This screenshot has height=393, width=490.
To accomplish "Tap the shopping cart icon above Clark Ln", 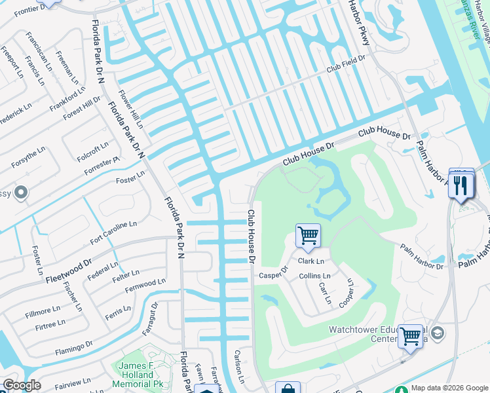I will point(308,234).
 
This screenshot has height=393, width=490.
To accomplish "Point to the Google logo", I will point(22,385).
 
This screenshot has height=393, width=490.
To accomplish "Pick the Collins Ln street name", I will point(314,276).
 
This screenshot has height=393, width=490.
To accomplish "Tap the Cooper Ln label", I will point(345,293).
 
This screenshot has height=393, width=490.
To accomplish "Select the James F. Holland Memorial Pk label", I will point(143,371).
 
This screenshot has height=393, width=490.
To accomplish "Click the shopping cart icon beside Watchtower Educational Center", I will point(411,337).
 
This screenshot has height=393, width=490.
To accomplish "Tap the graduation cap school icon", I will point(438,334).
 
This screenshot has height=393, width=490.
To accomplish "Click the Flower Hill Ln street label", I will point(130,109).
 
